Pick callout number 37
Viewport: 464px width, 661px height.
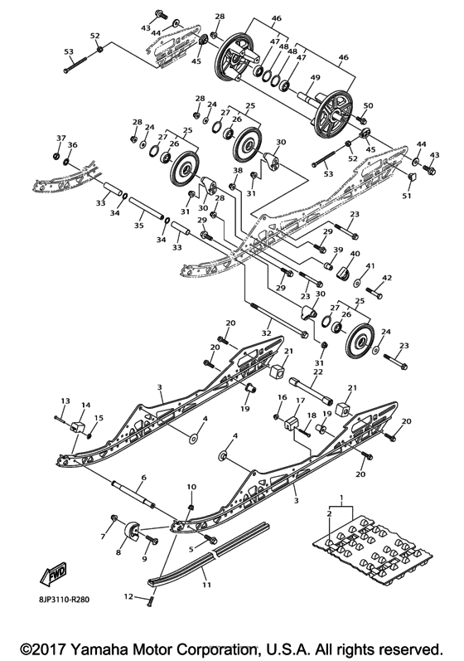(60, 138)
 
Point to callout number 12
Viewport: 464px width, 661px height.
(128, 595)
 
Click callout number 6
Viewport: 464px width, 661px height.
(143, 478)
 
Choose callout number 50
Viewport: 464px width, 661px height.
(369, 106)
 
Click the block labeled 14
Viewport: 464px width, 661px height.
(79, 426)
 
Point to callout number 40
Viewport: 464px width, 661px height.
(355, 254)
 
